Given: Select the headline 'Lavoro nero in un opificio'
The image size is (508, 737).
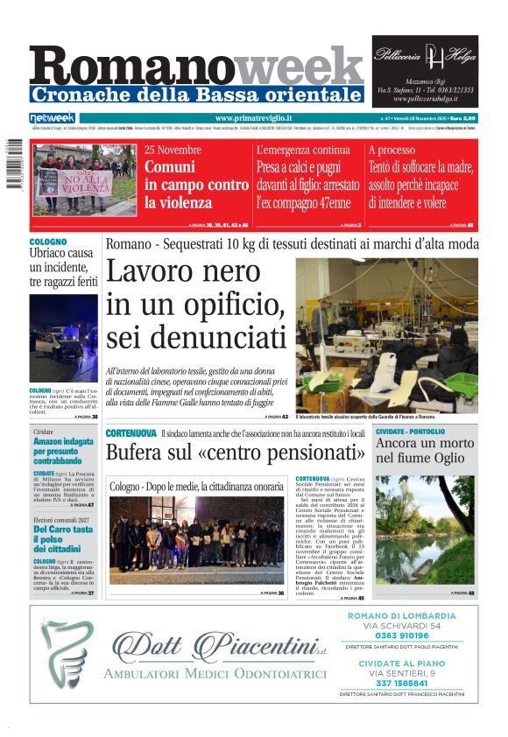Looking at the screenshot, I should (x=195, y=304).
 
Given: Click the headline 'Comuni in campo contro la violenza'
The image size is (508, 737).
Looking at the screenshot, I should (x=196, y=185).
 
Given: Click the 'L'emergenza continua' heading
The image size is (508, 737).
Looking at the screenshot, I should (x=302, y=150).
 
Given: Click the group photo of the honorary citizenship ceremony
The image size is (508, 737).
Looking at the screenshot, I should (x=195, y=538).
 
